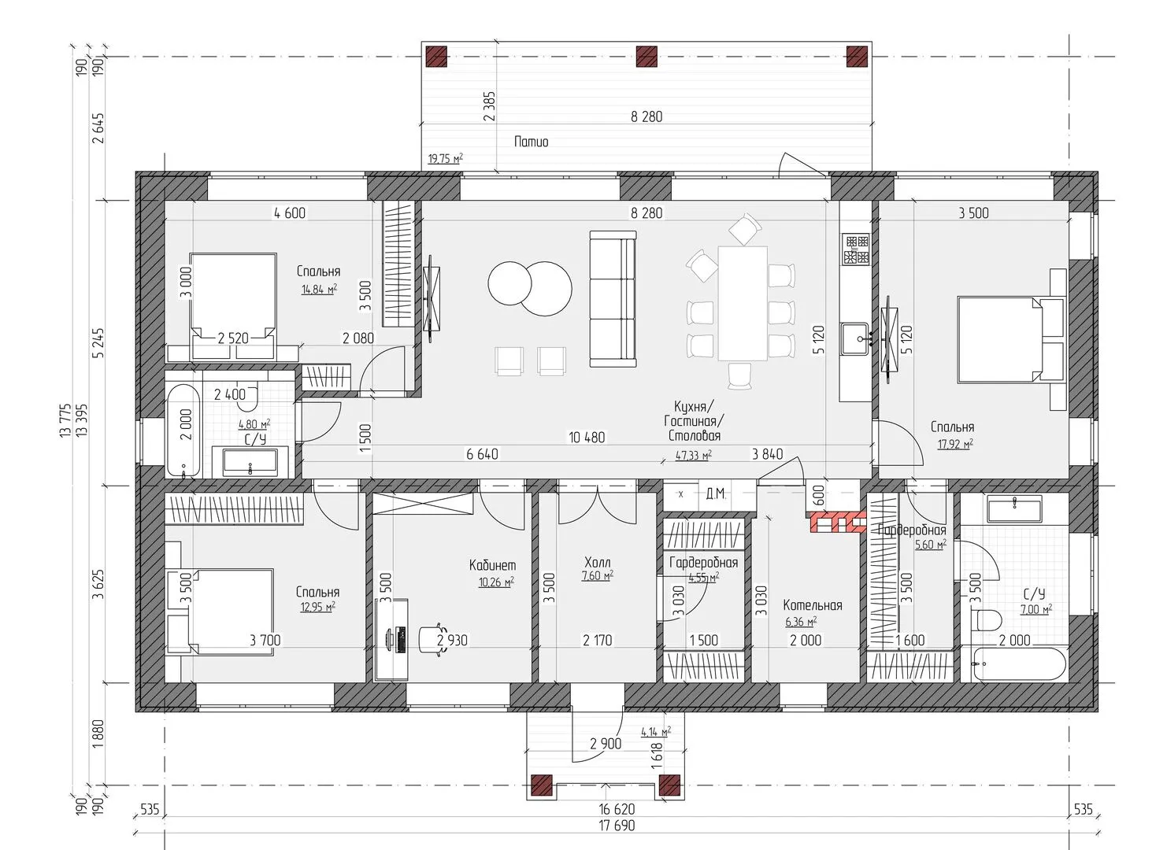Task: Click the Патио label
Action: pos(531,142)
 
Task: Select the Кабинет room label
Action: pos(492,565)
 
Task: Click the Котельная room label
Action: pos(812,605)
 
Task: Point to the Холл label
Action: pos(597,562)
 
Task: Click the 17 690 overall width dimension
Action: pos(617,826)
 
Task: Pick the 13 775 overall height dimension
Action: pos(65,420)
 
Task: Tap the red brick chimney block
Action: pos(838,523)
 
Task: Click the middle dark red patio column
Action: pos(646,56)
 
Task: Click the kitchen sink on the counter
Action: pos(854,338)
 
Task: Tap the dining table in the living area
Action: pos(743,303)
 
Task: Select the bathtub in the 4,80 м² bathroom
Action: pos(183,431)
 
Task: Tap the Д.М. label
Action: pos(716,493)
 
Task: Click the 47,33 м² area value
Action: pos(694,455)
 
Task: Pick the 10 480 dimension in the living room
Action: pos(587,438)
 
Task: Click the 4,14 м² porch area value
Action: pos(656,731)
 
